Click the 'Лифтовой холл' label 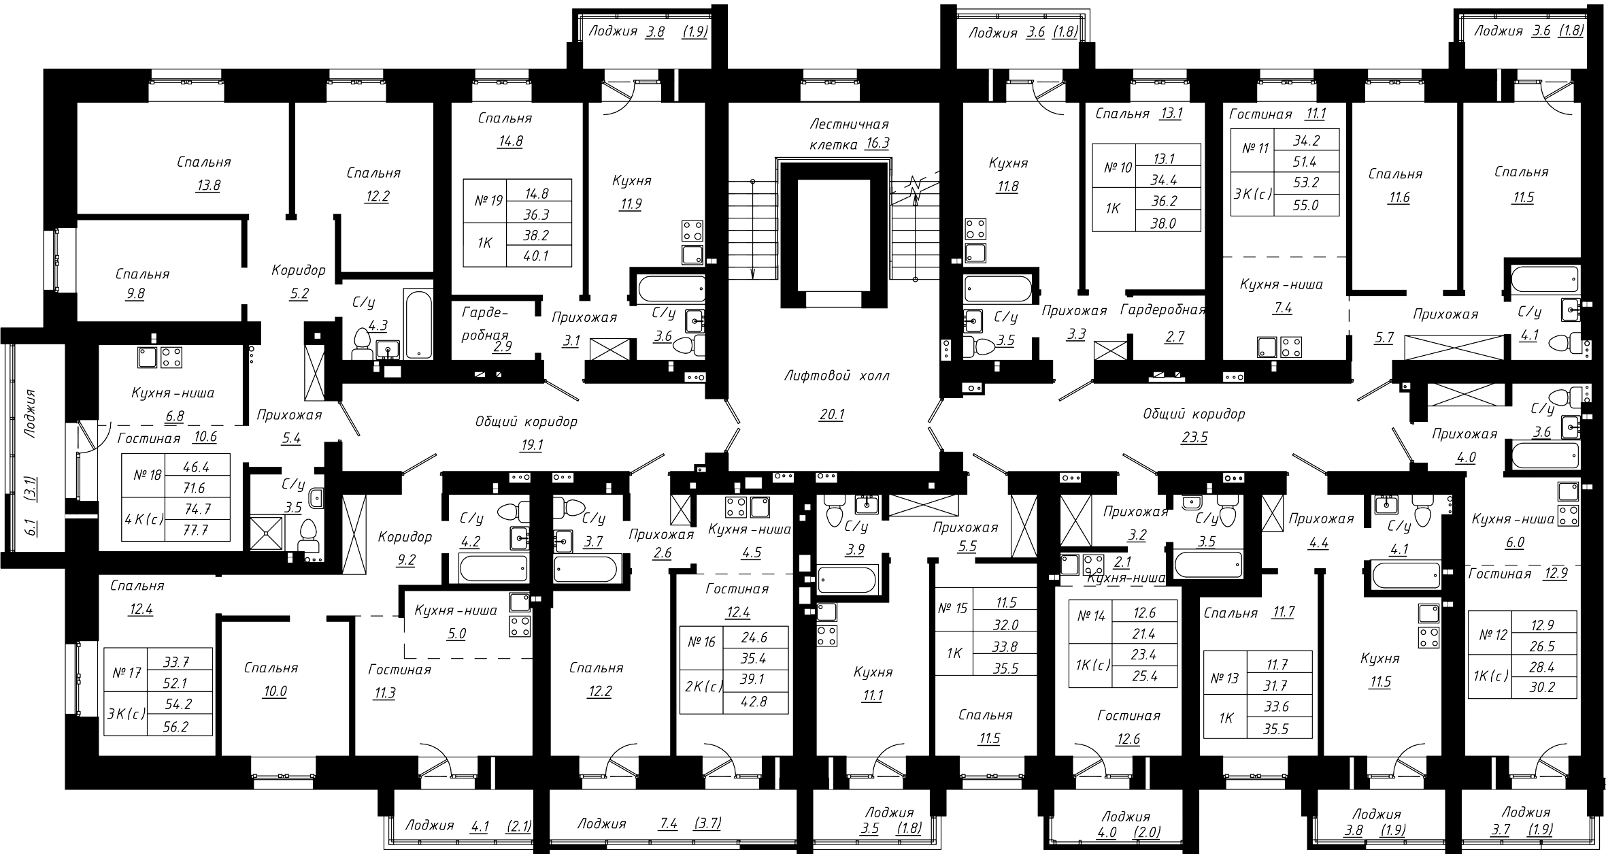point(836,376)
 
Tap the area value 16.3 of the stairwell point(877,144)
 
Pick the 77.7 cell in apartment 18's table point(197,530)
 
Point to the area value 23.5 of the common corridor point(1194,438)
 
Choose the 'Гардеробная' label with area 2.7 point(1162,310)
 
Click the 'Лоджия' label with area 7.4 point(601,824)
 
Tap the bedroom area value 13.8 point(207,186)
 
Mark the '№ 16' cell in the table point(701,642)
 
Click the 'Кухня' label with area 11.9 point(631,180)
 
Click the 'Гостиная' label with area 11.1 point(1260,114)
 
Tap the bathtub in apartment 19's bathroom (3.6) point(671,290)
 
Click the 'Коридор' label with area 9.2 point(405,537)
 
